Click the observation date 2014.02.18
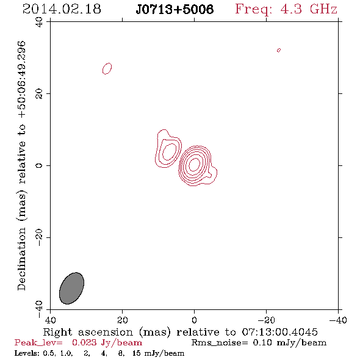coord(62,9)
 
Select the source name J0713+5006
coord(175,9)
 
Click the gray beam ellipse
coord(71,289)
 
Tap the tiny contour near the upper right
coord(279,50)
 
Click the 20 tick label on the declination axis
coord(39,94)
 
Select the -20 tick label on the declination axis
coord(39,237)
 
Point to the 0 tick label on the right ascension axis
coord(194,320)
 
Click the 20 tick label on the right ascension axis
coord(123,320)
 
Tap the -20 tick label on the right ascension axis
coord(266,320)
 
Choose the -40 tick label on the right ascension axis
coord(338,320)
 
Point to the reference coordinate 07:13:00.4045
coord(279,332)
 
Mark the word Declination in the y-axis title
coord(21,259)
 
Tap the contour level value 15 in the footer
coord(137,353)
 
